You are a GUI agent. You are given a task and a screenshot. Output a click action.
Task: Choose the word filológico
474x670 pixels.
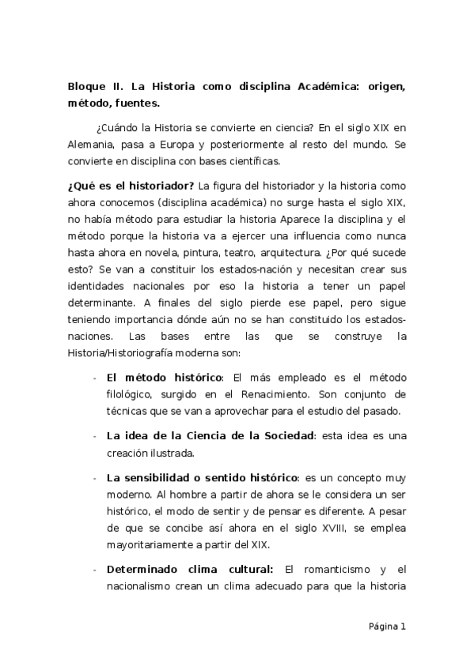tap(131, 394)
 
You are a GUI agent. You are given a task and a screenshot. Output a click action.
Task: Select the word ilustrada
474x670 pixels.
tap(170, 453)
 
